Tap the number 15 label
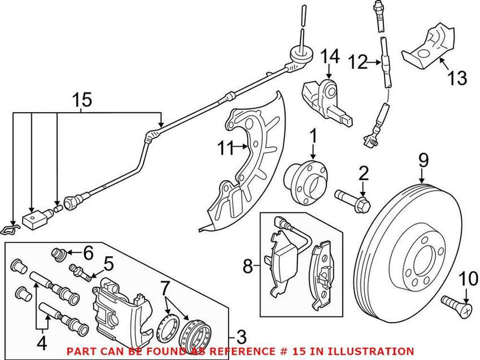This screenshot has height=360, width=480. coord(84,100)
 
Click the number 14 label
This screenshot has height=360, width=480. coord(329,57)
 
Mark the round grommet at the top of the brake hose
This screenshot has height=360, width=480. coord(299,55)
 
